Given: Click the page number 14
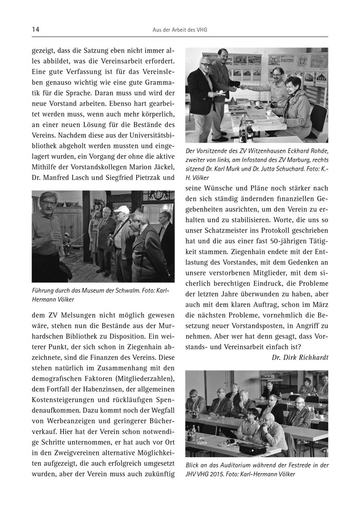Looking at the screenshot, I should [x=35, y=30].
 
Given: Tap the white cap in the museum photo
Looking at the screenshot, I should [x=121, y=209].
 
